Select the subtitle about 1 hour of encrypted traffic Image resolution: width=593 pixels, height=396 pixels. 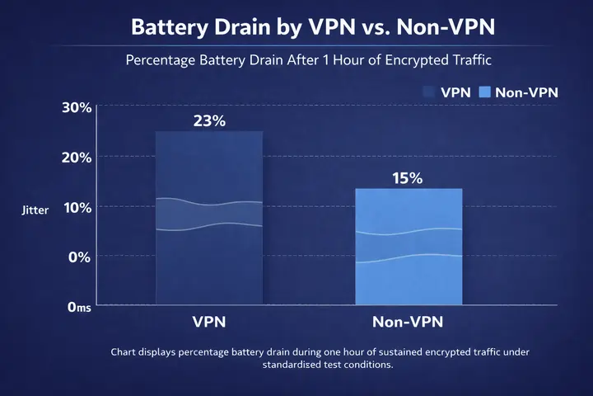pyautogui.click(x=296, y=60)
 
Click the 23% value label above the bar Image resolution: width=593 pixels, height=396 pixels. pyautogui.click(x=209, y=120)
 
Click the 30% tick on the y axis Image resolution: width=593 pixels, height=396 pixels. pyautogui.click(x=76, y=107)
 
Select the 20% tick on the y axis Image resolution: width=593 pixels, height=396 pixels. pyautogui.click(x=76, y=157)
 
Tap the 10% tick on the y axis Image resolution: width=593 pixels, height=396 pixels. pyautogui.click(x=76, y=207)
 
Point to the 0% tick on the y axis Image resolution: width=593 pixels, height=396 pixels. pyautogui.click(x=79, y=257)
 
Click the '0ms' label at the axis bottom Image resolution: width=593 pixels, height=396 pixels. pyautogui.click(x=78, y=306)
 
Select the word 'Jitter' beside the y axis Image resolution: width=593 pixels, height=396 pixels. pyautogui.click(x=35, y=210)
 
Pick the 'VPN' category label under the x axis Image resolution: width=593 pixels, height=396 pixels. pyautogui.click(x=209, y=321)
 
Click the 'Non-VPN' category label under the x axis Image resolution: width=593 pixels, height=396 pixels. pyautogui.click(x=409, y=321)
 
